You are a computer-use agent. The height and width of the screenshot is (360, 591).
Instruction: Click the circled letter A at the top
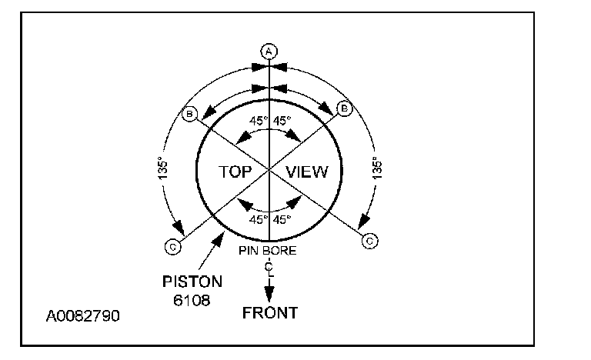click(269, 51)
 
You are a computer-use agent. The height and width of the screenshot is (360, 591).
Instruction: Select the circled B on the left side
click(190, 115)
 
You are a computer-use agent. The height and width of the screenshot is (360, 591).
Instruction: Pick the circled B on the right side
click(345, 110)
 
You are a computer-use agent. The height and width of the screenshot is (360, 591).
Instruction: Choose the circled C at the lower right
click(369, 241)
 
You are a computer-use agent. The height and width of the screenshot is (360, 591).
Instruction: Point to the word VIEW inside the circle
click(307, 172)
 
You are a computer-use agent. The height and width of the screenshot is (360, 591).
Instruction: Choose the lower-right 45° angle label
click(283, 220)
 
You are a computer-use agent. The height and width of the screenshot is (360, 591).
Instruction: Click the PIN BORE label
click(269, 251)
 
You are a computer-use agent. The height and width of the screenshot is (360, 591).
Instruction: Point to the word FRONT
click(269, 312)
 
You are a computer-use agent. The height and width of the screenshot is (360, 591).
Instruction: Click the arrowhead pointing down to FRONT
click(269, 296)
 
